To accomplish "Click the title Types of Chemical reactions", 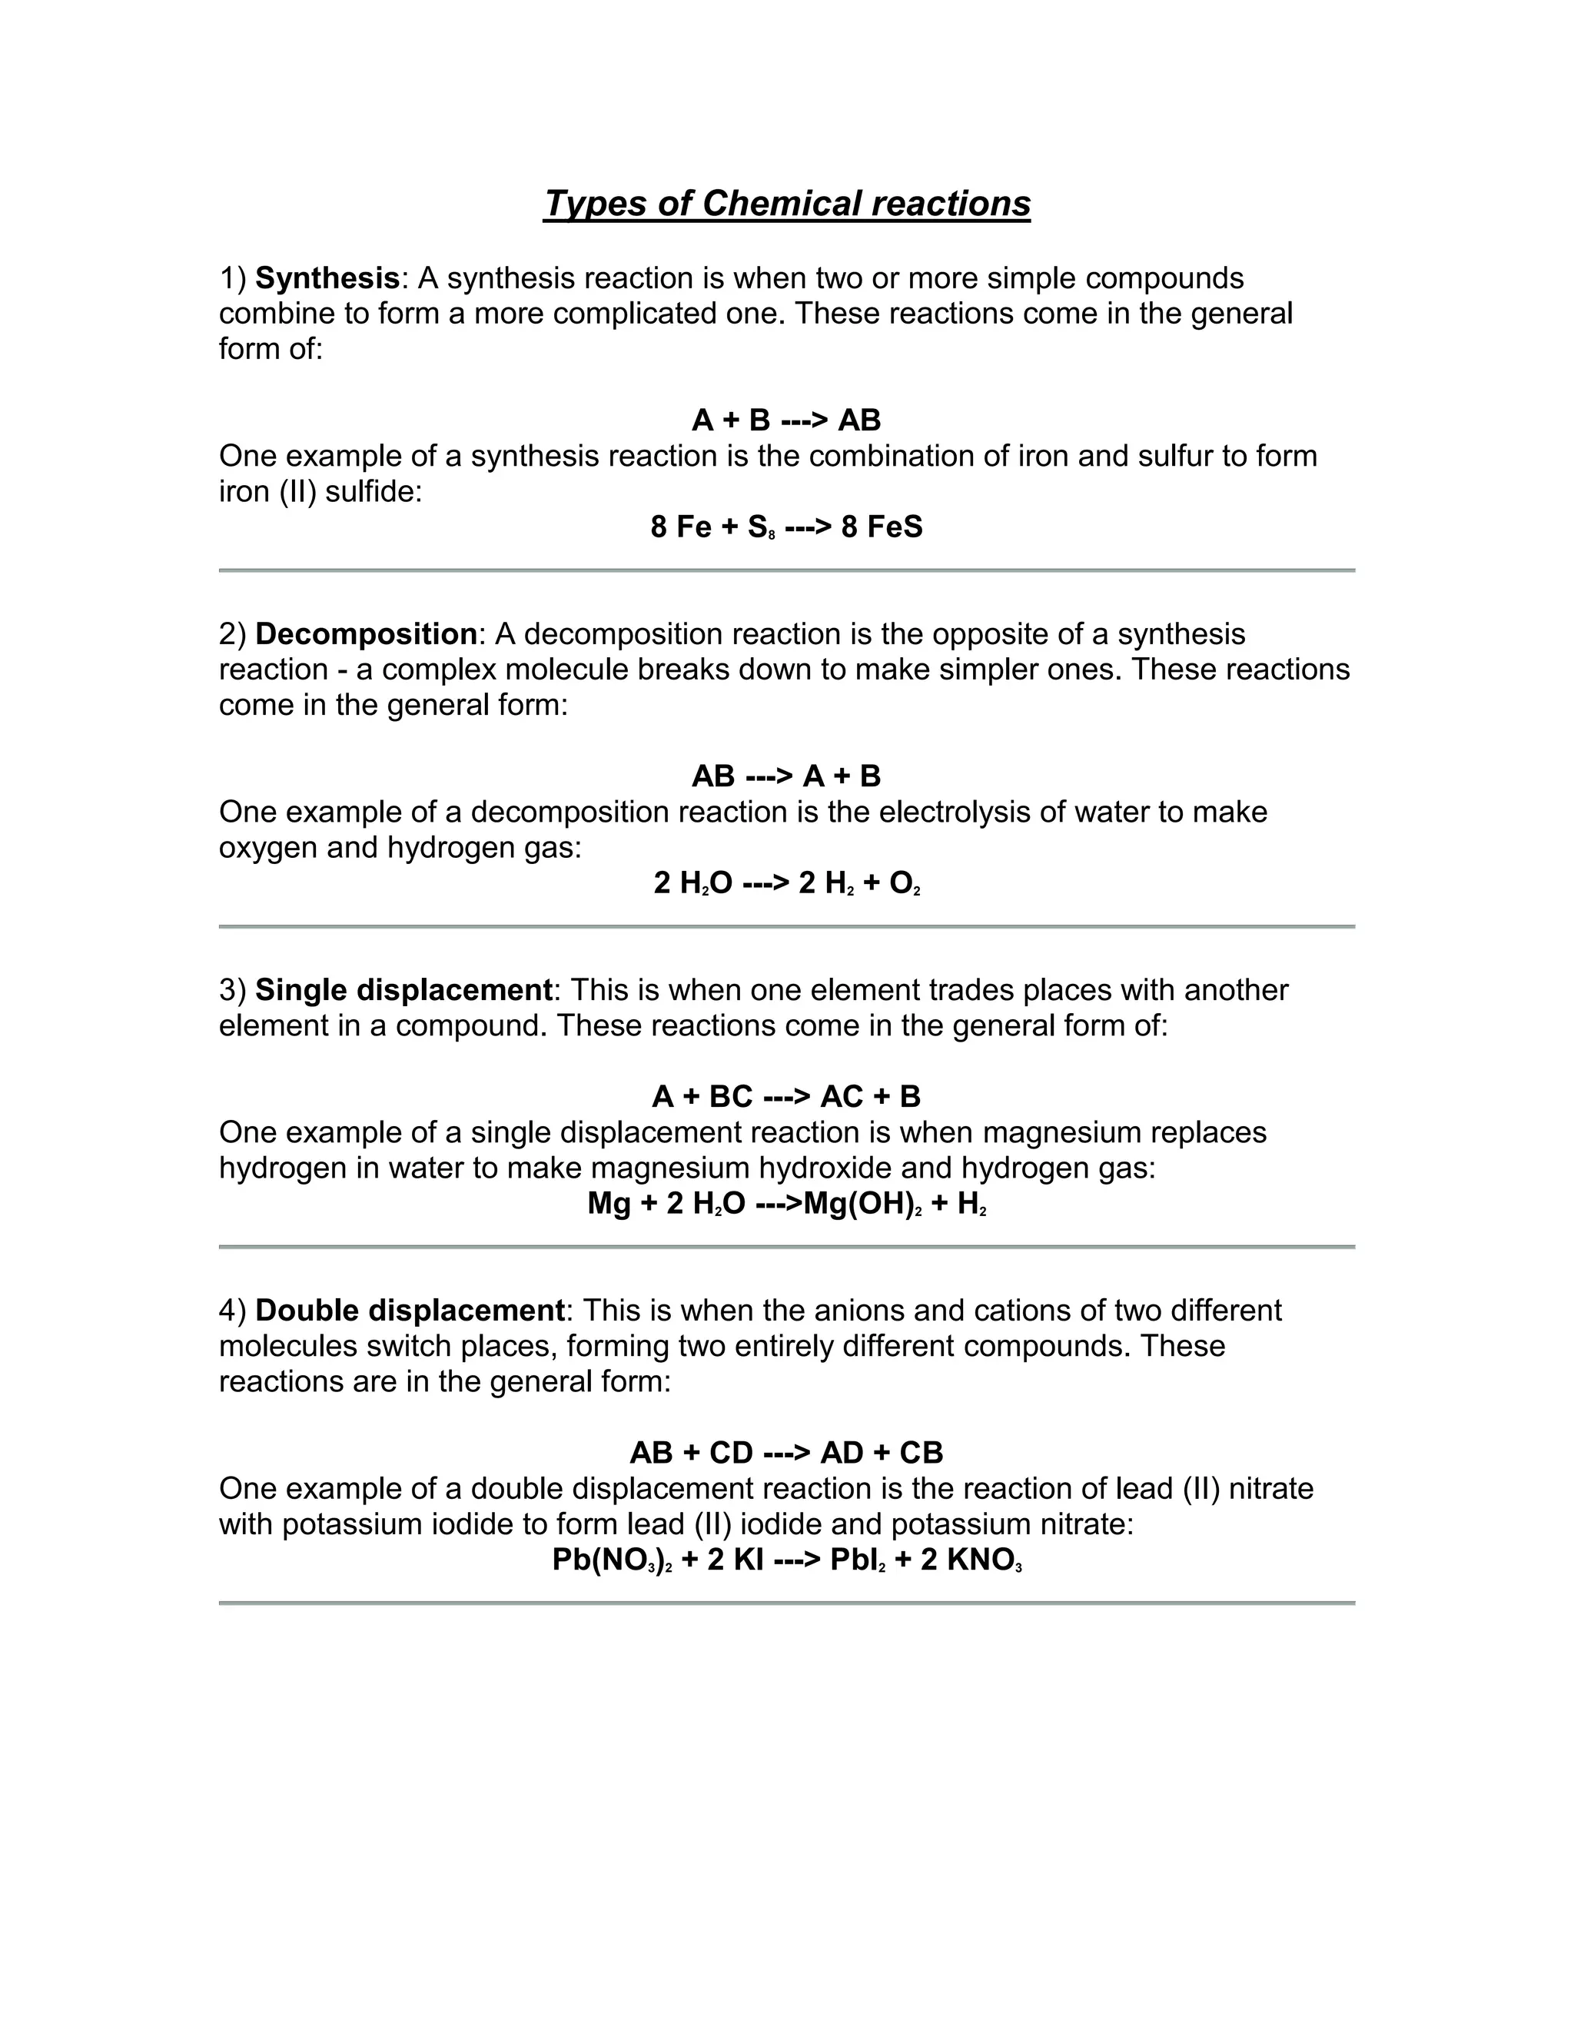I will coord(786,204).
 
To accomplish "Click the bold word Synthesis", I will coord(327,278).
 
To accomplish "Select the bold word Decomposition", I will coord(366,634).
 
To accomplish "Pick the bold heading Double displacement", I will coord(410,1311).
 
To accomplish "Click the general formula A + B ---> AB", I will coord(786,420).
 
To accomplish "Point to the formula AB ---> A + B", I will coord(786,776).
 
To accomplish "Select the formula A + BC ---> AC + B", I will coord(786,1097).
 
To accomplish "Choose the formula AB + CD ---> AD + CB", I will coord(786,1452).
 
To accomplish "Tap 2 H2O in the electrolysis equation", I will coord(692,883).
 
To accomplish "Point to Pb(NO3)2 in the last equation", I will coord(612,1560).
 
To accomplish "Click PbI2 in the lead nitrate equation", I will coord(857,1560).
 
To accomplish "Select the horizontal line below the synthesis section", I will coord(786,570).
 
